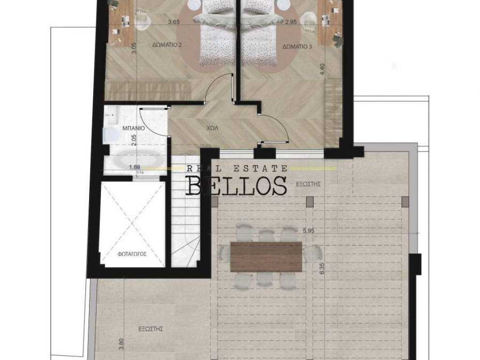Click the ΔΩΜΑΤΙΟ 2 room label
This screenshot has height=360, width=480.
167,45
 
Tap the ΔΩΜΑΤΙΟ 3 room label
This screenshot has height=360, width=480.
297,46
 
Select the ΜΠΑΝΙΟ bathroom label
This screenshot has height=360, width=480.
134,128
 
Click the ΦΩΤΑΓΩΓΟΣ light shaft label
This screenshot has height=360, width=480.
132,254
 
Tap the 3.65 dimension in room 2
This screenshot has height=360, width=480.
174,22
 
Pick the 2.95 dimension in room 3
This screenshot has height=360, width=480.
291,22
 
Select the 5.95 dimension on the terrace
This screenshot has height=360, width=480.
308,231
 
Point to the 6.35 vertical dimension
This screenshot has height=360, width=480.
322,269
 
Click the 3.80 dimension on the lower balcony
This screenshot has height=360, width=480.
121,344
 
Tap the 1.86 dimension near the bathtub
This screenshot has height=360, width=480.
135,167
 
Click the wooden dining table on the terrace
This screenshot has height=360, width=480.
266,256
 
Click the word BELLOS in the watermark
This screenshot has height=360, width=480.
237,186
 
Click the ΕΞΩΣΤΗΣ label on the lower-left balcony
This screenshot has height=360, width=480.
150,329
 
